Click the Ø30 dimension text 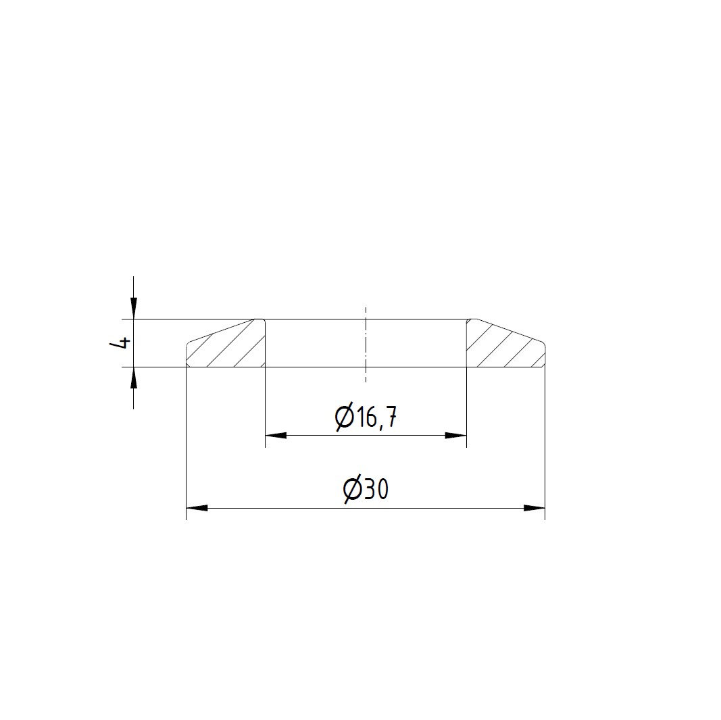[366, 490]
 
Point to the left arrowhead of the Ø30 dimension [197, 508]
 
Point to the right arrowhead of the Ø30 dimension [534, 508]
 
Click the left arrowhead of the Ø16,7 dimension [276, 436]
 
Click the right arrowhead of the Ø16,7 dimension [455, 436]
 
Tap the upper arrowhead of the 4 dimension [133, 308]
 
